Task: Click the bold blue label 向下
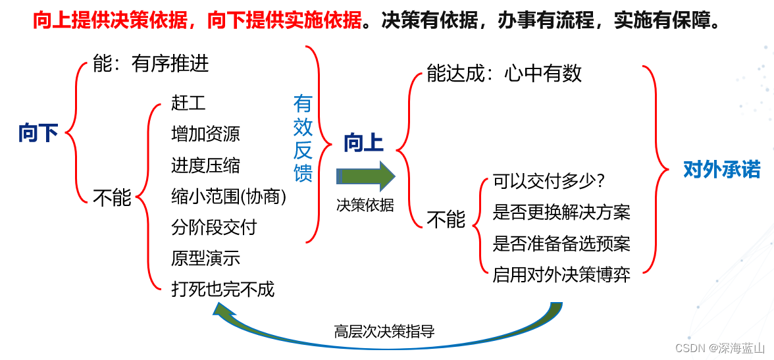coord(38,134)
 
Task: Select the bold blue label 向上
coord(363,143)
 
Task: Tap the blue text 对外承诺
coord(721,169)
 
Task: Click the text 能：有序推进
coord(151,63)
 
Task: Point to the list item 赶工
coord(188,103)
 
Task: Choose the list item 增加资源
coord(205,134)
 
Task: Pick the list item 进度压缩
coord(205,165)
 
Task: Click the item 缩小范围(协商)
coord(228,196)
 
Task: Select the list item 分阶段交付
coord(214,227)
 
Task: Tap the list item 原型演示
coord(205,258)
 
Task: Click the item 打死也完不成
coord(222,289)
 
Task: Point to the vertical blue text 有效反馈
coord(303,138)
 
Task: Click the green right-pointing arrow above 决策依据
coord(365,176)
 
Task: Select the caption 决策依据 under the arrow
coord(365,205)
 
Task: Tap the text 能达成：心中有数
coord(504,73)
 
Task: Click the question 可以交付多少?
coord(548,180)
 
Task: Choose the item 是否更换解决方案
coord(561,212)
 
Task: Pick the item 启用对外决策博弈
coord(561,274)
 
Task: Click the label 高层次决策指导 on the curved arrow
coord(384,330)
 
